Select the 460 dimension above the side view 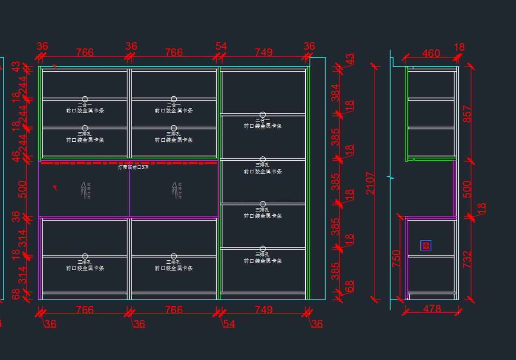431,53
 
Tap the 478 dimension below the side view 432,309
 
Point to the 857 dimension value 467,114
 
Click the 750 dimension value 396,259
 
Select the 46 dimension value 16,156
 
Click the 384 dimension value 335,92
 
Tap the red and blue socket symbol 426,246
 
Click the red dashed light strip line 129,163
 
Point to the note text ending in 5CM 133,168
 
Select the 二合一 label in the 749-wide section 263,120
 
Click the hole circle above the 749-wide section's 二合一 263,115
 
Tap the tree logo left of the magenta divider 83,189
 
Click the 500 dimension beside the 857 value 467,189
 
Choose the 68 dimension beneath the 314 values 16,294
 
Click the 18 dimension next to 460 459,47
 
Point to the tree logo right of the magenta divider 174,189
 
